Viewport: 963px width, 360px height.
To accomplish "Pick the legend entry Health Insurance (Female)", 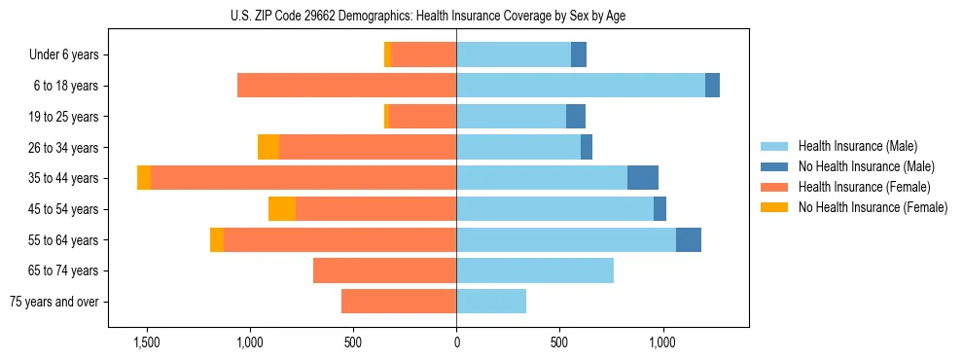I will pos(857,187).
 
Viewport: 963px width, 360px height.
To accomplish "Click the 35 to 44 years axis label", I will pos(63,178).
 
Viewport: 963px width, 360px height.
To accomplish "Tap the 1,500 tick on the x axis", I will pos(147,342).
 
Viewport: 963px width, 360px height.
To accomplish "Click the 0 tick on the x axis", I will pos(456,342).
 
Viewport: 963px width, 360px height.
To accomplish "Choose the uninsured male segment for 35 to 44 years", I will pos(643,178).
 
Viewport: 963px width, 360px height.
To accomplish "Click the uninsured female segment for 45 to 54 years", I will pos(282,209).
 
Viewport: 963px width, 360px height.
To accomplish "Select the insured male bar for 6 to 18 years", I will pos(581,86).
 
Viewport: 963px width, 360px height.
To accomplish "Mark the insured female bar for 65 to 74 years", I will pos(384,270).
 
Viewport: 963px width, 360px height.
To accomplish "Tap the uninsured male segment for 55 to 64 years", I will pos(689,239).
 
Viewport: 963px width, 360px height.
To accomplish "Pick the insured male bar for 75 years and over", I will pos(491,302).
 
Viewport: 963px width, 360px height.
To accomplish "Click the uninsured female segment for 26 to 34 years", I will pos(268,147).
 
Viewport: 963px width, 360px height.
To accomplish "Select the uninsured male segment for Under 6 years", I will pos(579,54).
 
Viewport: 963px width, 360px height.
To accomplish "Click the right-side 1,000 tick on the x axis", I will pos(662,342).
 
